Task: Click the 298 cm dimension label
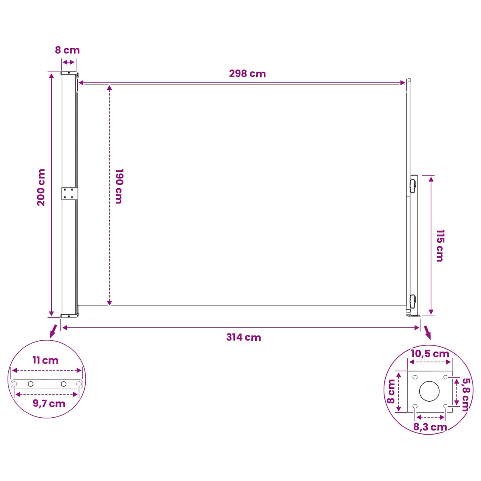(x=247, y=74)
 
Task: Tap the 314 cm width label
(x=243, y=337)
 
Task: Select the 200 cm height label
(x=41, y=187)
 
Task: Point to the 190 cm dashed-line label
(x=119, y=186)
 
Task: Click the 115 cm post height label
(x=440, y=246)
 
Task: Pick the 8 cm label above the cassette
(x=67, y=50)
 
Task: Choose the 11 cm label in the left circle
(x=45, y=360)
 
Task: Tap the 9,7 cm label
(x=49, y=404)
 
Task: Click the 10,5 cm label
(x=430, y=354)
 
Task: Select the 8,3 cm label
(x=430, y=427)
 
